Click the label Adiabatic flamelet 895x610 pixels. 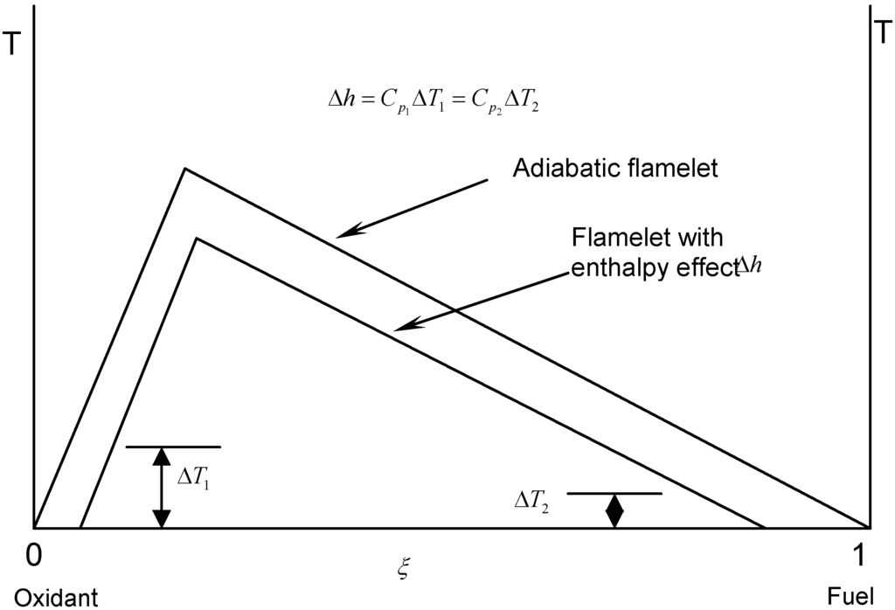click(614, 168)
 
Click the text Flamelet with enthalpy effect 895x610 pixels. click(647, 253)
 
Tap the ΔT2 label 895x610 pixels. click(533, 503)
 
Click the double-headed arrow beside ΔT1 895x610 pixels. click(161, 488)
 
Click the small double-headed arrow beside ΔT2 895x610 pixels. click(615, 511)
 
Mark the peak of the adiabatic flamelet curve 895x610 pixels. click(184, 168)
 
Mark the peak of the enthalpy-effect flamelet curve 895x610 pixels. click(198, 238)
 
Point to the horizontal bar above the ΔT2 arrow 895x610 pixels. click(615, 494)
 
